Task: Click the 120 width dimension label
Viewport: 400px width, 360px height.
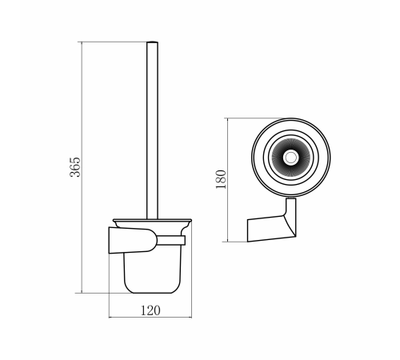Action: coord(150,310)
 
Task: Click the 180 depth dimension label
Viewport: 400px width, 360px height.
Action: coord(221,179)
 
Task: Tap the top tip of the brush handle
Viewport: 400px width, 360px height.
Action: coord(152,42)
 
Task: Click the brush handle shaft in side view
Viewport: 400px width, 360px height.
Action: coord(152,130)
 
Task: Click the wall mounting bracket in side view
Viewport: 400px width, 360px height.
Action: coord(133,240)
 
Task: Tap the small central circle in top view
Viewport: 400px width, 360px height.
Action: coord(290,158)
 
